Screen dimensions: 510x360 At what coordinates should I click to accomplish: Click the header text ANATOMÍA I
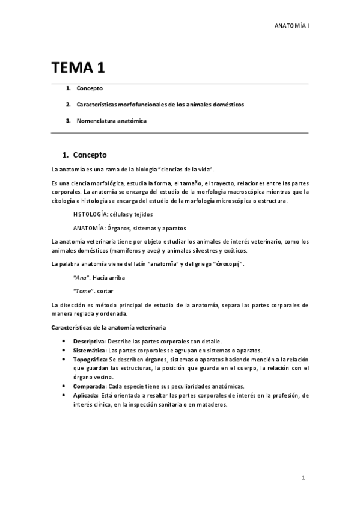click(291, 26)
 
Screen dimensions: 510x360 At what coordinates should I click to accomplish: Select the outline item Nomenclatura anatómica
click(111, 121)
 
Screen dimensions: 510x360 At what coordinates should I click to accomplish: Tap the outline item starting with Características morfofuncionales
click(160, 105)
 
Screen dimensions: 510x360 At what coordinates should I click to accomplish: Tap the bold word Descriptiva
click(89, 341)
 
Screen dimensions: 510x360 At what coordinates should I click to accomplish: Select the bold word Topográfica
click(90, 359)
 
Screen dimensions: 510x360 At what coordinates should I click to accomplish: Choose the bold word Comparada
click(89, 386)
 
